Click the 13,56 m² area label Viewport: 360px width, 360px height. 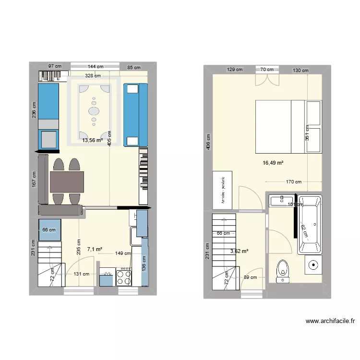pyautogui.click(x=92, y=141)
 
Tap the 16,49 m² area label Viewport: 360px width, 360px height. pyautogui.click(x=273, y=163)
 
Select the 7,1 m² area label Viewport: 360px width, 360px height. pyautogui.click(x=95, y=249)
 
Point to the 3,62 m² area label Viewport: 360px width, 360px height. pyautogui.click(x=239, y=251)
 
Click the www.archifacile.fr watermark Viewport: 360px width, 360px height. pyautogui.click(x=330, y=322)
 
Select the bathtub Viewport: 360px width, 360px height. pyautogui.click(x=312, y=224)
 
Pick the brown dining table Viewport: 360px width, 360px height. pyautogui.click(x=67, y=182)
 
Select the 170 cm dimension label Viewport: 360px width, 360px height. pyautogui.click(x=293, y=182)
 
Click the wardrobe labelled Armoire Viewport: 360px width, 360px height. pyautogui.click(x=223, y=190)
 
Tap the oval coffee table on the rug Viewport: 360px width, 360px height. pyautogui.click(x=94, y=110)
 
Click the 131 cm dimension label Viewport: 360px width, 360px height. pyautogui.click(x=81, y=274)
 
